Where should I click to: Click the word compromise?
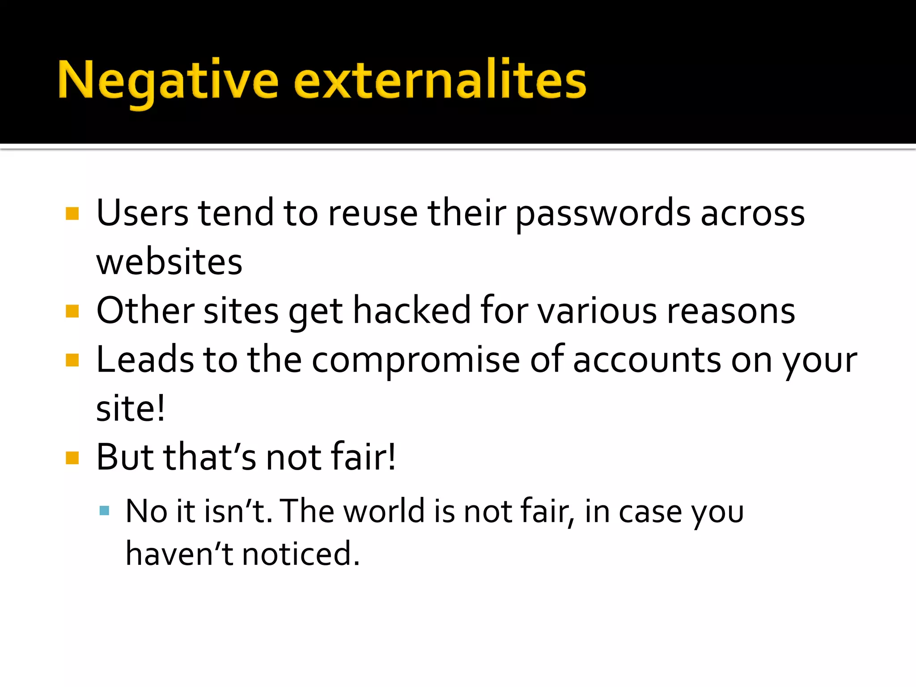coord(416,360)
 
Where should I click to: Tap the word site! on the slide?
coord(130,409)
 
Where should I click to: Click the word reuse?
coord(373,213)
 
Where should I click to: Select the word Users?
coord(142,213)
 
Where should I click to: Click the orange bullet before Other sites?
coord(72,311)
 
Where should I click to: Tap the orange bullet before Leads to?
coord(72,360)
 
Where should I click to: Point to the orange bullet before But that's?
coord(72,458)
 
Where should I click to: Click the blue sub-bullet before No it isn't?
coord(104,511)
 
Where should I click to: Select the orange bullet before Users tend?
coord(72,213)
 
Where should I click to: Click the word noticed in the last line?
coord(301,554)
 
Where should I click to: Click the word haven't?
coord(179,554)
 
